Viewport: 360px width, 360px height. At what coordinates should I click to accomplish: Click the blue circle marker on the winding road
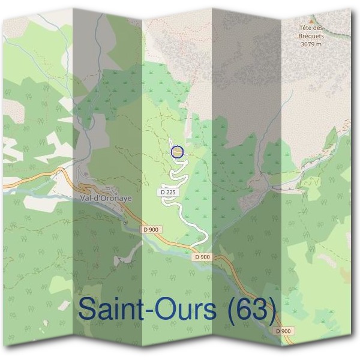pyautogui.click(x=176, y=152)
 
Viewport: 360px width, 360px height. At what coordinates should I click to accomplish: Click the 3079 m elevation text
pyautogui.click(x=311, y=44)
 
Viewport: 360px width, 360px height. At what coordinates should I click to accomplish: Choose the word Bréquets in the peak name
pyautogui.click(x=312, y=36)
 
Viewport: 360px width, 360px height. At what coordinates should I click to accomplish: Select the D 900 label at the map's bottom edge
pyautogui.click(x=284, y=331)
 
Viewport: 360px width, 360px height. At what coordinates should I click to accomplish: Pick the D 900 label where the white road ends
pyautogui.click(x=203, y=257)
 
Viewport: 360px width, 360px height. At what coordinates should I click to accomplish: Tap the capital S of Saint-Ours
pyautogui.click(x=88, y=310)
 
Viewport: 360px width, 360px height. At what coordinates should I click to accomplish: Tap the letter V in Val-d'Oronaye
pyautogui.click(x=82, y=196)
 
